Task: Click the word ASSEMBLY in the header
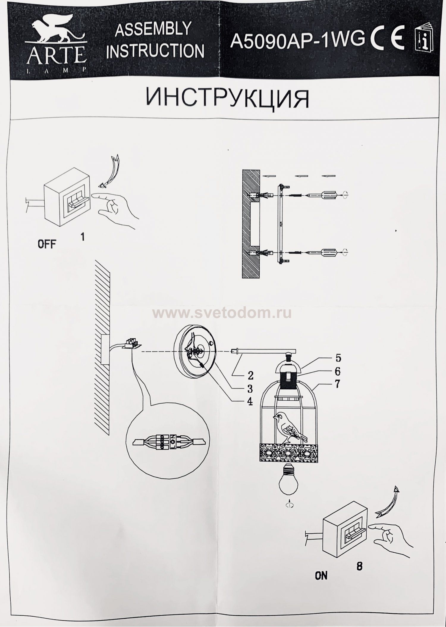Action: pyautogui.click(x=153, y=29)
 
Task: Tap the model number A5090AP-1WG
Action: pyautogui.click(x=297, y=41)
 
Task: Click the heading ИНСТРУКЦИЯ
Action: pyautogui.click(x=227, y=98)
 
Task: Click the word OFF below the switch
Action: pyautogui.click(x=47, y=244)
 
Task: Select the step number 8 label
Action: pyautogui.click(x=359, y=566)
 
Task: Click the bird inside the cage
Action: pyautogui.click(x=289, y=426)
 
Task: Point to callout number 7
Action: pyautogui.click(x=337, y=384)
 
